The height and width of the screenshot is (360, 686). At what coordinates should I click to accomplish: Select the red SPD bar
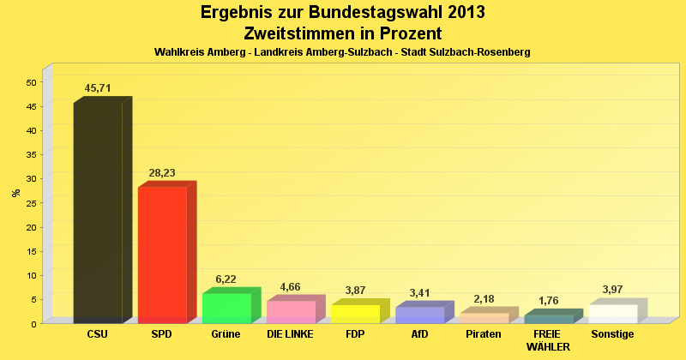coord(162,255)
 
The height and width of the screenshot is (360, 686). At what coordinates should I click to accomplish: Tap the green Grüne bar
coord(226,308)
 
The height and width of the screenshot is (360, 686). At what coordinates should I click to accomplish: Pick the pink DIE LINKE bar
coord(291,311)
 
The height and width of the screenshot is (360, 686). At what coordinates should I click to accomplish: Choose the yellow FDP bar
coord(355,314)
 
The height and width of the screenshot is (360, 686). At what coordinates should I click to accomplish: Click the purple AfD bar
coord(419,315)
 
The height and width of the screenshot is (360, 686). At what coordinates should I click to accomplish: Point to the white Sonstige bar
coord(612,314)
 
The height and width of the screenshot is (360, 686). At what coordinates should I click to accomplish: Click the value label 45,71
coord(98,88)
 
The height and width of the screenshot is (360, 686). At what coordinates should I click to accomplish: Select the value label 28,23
coord(162,172)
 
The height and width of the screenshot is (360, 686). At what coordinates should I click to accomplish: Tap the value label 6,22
coord(226,279)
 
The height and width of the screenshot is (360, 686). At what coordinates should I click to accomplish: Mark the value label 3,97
coord(612,290)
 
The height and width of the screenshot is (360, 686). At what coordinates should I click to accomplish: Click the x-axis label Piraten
coord(484,333)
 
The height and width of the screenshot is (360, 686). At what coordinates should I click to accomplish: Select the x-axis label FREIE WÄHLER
coord(548,339)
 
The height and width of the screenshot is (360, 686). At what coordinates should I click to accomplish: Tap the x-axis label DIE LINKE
coord(291,333)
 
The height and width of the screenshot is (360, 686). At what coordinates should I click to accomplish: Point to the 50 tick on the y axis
coord(31,82)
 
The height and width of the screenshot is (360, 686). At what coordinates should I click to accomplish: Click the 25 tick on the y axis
coord(31,203)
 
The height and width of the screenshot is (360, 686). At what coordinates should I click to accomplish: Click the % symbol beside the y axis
coord(16,192)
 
